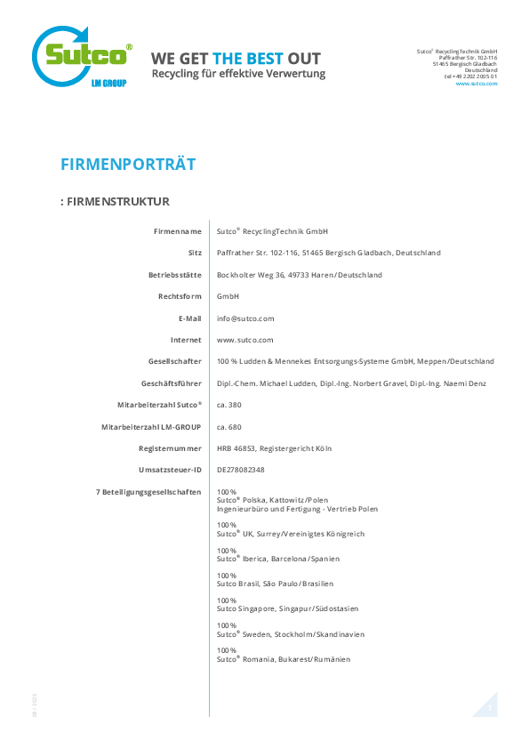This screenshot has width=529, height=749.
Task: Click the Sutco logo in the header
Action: (82, 56)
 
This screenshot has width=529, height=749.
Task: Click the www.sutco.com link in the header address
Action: (477, 84)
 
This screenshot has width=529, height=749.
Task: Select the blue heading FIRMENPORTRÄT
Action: (128, 165)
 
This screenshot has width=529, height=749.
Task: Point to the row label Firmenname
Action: (178, 231)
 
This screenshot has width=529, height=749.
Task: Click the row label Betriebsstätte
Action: (175, 275)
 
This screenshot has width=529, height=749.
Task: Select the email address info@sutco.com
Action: (245, 318)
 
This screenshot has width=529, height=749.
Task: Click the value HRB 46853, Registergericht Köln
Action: (274, 448)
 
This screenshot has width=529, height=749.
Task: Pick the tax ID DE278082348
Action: (241, 470)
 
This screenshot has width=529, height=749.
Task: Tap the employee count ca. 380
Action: (229, 405)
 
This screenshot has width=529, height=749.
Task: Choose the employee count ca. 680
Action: (229, 427)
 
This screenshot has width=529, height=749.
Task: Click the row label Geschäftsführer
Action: (172, 383)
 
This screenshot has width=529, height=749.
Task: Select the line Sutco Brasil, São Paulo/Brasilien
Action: (275, 584)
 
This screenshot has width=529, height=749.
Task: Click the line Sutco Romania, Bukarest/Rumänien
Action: (284, 659)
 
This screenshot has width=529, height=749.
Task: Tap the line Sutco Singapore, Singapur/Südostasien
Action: (287, 609)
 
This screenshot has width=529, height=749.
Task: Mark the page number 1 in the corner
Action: (489, 708)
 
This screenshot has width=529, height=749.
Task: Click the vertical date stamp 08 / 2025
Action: (35, 705)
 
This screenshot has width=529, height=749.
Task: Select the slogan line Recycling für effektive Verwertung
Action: (239, 74)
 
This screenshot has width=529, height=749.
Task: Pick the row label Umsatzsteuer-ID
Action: (170, 470)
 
